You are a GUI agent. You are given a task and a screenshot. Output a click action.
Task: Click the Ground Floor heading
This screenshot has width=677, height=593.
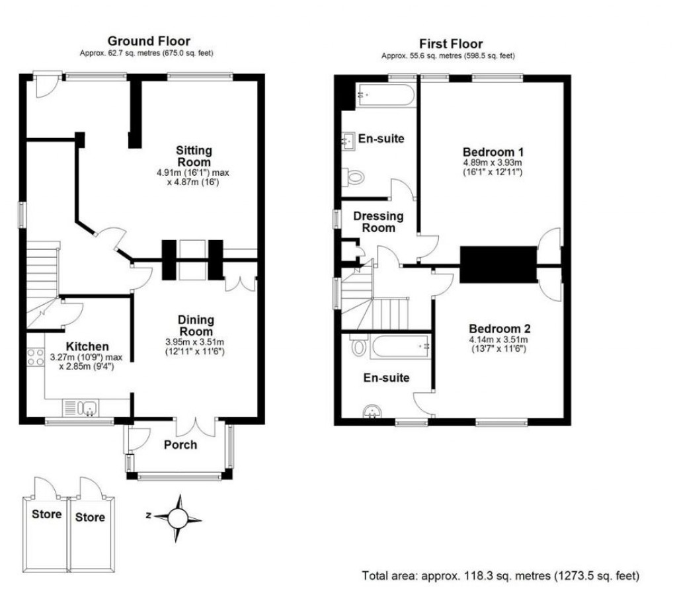pyautogui.click(x=148, y=42)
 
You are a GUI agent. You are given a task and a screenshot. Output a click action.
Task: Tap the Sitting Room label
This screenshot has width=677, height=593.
pyautogui.click(x=194, y=155)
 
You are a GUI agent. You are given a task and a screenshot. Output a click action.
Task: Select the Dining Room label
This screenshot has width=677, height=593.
pyautogui.click(x=196, y=325)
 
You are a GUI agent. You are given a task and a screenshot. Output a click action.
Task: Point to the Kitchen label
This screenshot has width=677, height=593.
pyautogui.click(x=87, y=346)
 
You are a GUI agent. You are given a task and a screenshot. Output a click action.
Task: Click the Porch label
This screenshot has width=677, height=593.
pyautogui.click(x=180, y=444)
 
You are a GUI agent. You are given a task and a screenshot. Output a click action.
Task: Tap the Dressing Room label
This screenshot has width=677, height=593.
pyautogui.click(x=378, y=221)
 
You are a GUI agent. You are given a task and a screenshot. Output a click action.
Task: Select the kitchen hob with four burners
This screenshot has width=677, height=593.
pyautogui.click(x=34, y=360)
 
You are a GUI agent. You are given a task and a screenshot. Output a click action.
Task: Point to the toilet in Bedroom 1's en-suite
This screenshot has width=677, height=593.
pyautogui.click(x=355, y=177)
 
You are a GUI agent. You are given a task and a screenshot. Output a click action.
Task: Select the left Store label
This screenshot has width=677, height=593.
pyautogui.click(x=46, y=514)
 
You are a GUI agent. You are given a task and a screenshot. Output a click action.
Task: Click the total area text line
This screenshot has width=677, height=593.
pyautogui.click(x=500, y=576)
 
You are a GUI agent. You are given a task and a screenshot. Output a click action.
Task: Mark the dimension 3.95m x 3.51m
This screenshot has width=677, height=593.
pyautogui.click(x=196, y=342)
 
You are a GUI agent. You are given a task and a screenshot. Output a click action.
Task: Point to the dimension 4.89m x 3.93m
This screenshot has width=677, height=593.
pyautogui.click(x=492, y=162)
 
